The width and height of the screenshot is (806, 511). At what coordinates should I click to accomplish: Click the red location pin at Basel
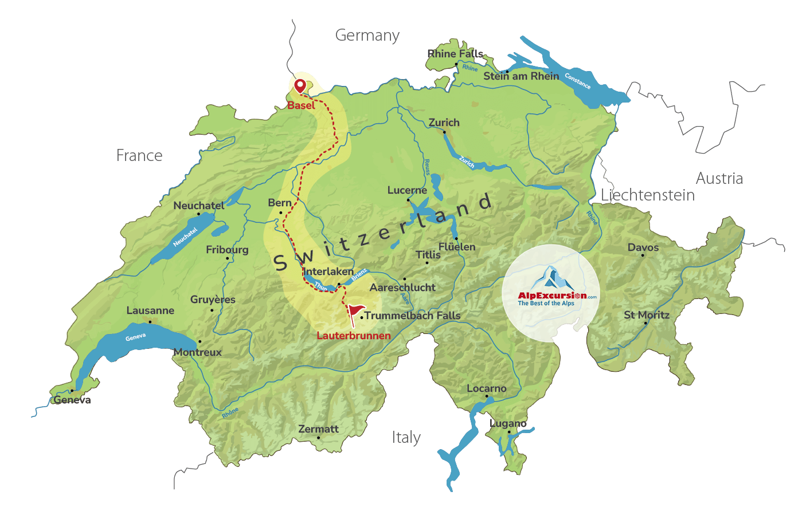coord(300,86)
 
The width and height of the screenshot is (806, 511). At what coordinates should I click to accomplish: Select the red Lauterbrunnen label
coord(353,336)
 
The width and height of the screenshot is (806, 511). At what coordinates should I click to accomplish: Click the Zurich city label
coord(444,123)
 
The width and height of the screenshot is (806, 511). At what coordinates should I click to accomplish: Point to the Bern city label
coord(280,203)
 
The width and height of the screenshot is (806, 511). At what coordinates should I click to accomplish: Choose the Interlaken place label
coord(328,272)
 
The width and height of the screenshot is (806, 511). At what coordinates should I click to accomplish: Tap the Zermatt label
coord(318,429)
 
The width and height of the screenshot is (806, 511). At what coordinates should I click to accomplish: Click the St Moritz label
coord(646,315)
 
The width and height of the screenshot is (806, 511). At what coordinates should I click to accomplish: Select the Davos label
coord(643,247)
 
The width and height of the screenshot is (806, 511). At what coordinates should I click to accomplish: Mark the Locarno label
coord(486,388)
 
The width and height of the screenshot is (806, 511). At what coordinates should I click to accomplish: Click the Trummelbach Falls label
coord(412,316)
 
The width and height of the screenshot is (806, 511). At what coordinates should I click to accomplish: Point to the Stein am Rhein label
coord(521,76)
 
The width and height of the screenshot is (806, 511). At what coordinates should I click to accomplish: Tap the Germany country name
coord(367,36)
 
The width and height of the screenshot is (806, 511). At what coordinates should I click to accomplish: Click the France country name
coord(139,156)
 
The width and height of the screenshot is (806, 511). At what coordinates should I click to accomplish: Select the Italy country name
coord(406,438)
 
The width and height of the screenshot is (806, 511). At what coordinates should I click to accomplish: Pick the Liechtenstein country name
coord(647,195)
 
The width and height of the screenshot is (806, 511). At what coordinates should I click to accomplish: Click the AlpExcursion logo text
coord(552,296)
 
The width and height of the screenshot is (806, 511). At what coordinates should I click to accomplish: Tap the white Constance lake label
coord(577,81)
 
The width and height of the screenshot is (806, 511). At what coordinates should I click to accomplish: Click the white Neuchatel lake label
coord(185,237)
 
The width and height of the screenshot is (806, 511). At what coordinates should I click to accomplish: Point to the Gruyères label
coord(213,300)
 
